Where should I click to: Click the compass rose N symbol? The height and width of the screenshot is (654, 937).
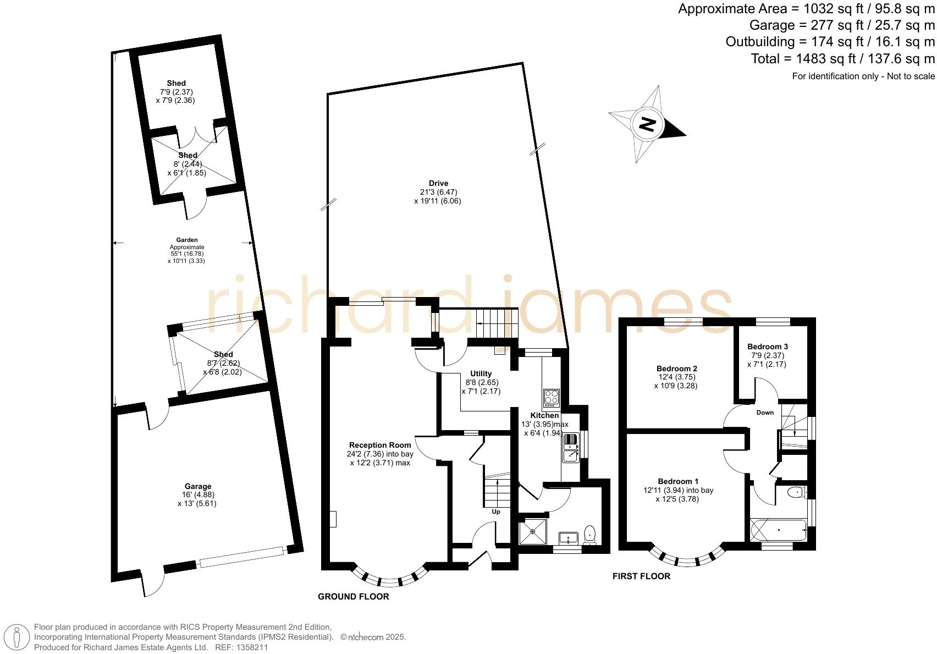(x=648, y=124)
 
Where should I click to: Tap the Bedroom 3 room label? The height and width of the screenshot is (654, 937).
(x=768, y=347)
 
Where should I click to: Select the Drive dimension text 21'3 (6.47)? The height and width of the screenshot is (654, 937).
(x=438, y=193)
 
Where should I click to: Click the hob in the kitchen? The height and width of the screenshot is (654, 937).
(x=552, y=397)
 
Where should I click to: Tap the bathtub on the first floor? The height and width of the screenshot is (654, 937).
(x=778, y=530)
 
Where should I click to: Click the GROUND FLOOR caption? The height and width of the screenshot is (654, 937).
(x=354, y=597)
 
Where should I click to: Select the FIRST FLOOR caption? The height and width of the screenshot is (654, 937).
(x=641, y=576)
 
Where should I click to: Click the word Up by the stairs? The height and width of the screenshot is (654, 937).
(x=496, y=512)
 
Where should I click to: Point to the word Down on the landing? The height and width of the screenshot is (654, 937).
(x=765, y=413)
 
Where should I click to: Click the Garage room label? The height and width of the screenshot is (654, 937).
(x=198, y=486)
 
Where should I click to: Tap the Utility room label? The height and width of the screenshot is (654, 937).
(x=481, y=373)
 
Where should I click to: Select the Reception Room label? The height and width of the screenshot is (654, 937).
(x=380, y=445)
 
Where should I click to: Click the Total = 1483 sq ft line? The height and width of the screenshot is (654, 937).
(x=842, y=59)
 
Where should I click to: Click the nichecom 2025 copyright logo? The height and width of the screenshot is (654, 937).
(x=373, y=637)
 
